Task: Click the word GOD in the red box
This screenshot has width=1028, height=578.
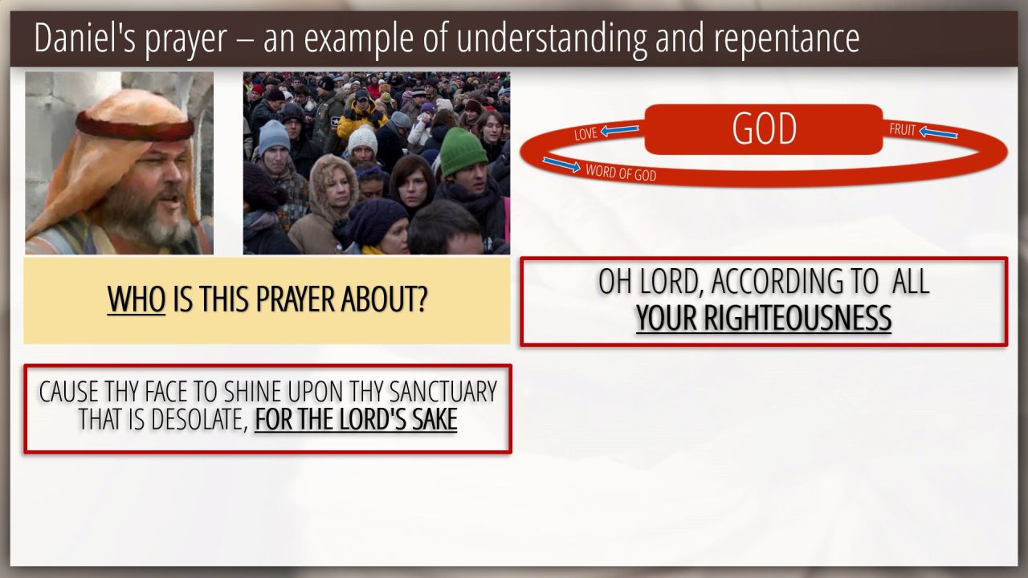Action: (764, 129)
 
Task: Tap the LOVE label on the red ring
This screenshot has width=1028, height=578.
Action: (585, 134)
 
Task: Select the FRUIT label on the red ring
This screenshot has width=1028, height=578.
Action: (902, 129)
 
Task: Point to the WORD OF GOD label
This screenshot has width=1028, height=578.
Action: (621, 173)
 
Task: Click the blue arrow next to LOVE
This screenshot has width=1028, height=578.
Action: (619, 130)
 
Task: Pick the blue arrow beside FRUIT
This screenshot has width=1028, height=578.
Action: (938, 132)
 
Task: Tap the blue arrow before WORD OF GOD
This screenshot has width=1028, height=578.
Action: (561, 165)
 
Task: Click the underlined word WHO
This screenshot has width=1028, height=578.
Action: (137, 299)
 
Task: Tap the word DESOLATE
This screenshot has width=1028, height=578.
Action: (198, 419)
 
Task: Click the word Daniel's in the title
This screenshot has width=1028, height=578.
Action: (85, 38)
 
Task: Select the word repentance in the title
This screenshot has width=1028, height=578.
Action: (786, 39)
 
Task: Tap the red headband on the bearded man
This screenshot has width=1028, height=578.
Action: (134, 125)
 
